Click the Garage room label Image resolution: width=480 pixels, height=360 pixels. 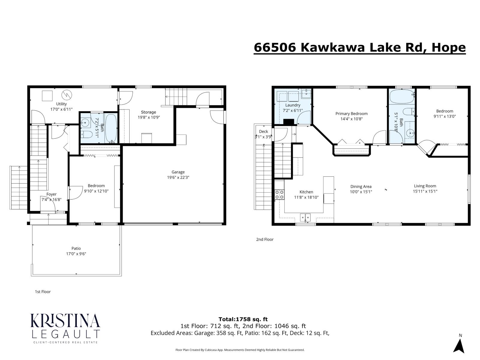(x=178, y=172)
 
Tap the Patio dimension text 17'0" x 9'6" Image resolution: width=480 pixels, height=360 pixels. (x=76, y=254)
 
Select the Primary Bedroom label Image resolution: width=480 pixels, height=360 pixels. (x=351, y=113)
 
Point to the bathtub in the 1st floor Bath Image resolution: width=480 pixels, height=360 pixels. (x=111, y=128)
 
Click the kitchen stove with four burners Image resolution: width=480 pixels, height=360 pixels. (x=279, y=194)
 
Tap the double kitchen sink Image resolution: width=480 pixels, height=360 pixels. (x=306, y=217)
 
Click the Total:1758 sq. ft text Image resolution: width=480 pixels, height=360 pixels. (x=243, y=319)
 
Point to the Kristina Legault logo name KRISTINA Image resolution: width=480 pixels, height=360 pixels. (x=65, y=321)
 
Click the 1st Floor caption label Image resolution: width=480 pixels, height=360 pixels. (x=43, y=292)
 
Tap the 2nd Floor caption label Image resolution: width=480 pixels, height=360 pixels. (x=265, y=239)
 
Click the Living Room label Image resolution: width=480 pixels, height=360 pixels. (x=425, y=186)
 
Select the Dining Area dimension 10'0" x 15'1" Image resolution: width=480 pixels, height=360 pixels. (x=361, y=192)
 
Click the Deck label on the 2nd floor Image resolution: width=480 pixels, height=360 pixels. (x=263, y=131)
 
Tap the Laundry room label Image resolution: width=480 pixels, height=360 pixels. (x=292, y=105)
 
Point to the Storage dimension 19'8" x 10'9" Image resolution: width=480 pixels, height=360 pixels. (x=148, y=117)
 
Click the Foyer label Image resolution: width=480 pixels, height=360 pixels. (x=51, y=194)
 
